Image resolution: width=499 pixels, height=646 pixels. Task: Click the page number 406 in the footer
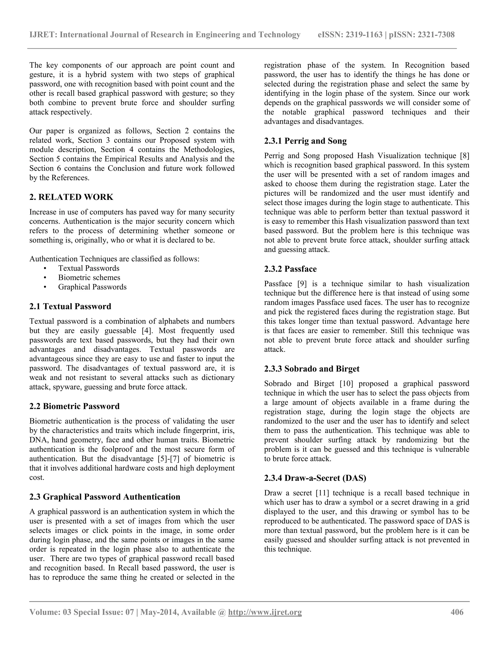click(x=457, y=612)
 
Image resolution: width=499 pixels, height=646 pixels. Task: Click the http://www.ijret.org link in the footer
click(x=265, y=612)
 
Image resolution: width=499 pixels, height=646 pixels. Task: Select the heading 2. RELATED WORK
click(x=71, y=197)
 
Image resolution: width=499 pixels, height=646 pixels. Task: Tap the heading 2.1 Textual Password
click(x=70, y=306)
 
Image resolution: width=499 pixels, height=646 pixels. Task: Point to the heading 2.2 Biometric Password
click(x=75, y=406)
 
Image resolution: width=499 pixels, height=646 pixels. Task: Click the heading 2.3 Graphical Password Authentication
click(x=105, y=497)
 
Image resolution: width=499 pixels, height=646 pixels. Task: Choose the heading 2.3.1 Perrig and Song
click(x=305, y=141)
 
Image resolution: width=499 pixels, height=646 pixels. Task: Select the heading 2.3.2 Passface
click(x=290, y=269)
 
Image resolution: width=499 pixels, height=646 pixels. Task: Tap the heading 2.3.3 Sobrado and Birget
click(x=312, y=369)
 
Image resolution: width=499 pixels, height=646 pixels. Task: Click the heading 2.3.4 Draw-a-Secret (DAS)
click(x=315, y=478)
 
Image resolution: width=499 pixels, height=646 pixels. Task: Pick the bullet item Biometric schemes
click(x=89, y=277)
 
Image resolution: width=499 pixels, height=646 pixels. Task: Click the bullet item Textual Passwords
click(x=89, y=268)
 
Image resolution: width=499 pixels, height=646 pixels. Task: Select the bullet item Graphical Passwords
click(x=92, y=287)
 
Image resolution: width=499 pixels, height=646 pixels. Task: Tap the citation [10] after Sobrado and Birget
click(x=345, y=384)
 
